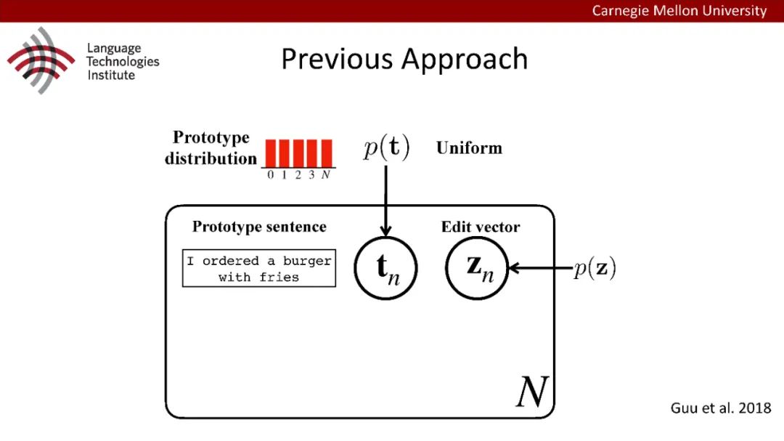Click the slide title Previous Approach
[x=404, y=60]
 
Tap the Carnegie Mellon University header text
[x=679, y=10]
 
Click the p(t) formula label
[x=386, y=148]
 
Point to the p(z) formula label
[x=595, y=268]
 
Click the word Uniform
[x=469, y=148]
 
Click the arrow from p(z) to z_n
[x=541, y=268]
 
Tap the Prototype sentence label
[x=259, y=227]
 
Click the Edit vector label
[x=481, y=227]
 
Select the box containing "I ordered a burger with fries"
[x=259, y=268]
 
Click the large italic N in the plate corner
[x=531, y=393]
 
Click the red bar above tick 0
[x=270, y=153]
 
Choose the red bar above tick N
[x=326, y=153]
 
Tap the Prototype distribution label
[x=211, y=147]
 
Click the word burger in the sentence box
[x=308, y=261]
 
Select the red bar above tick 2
[x=298, y=153]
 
